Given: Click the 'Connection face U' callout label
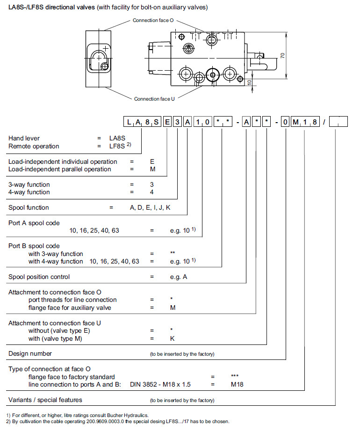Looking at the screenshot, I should click(x=154, y=99).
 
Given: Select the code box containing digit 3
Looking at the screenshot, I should click(x=177, y=123).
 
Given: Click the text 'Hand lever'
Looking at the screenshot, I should click(x=24, y=138).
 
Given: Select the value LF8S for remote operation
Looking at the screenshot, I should click(x=117, y=146).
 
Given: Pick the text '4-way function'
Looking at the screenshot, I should click(x=29, y=192).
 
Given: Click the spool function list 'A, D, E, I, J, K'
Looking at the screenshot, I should click(x=150, y=207).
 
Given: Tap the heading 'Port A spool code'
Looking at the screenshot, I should click(x=34, y=223).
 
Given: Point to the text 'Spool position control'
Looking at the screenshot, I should click(x=39, y=277).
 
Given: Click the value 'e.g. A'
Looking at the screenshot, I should click(x=178, y=277).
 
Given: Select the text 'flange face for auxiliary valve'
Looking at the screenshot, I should click(x=72, y=308).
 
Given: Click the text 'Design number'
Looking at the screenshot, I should click(x=30, y=353).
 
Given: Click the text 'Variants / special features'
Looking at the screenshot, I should click(x=45, y=400).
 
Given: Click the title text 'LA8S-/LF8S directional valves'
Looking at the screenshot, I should click(x=51, y=7).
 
